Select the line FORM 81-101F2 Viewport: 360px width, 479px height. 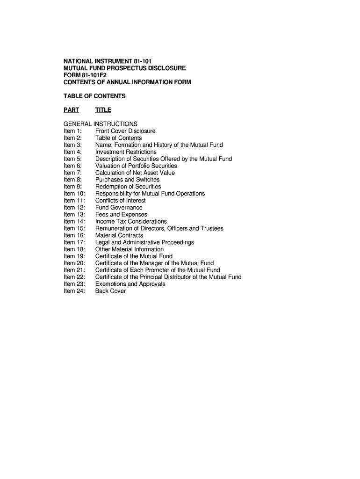[x=88, y=75]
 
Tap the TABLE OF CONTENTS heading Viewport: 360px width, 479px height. [x=94, y=96]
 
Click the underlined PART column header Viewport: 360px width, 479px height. [x=72, y=110]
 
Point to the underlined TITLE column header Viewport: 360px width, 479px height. [x=103, y=110]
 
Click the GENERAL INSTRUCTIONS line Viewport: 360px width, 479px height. [x=101, y=124]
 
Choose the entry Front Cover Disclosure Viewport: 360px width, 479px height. [x=125, y=131]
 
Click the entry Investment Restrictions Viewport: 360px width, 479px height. [x=126, y=152]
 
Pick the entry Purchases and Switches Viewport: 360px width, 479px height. [x=127, y=180]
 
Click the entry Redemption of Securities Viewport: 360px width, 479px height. [x=128, y=187]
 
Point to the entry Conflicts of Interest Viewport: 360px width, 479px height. [x=121, y=201]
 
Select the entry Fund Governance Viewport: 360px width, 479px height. [x=119, y=208]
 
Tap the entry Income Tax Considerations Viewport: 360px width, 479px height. [x=131, y=221]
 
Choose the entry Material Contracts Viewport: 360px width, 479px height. [x=119, y=235]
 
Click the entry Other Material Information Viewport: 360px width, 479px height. [x=130, y=249]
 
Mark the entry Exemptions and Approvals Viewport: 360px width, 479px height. [x=130, y=284]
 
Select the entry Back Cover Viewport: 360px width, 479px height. [x=110, y=291]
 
